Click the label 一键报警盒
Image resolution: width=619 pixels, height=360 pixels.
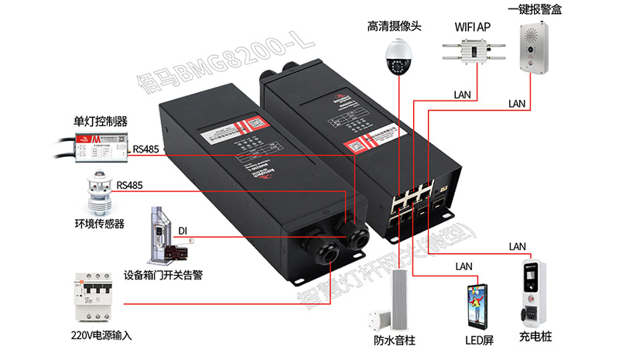[533, 9]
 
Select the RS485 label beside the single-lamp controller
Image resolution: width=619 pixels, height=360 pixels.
[147, 149]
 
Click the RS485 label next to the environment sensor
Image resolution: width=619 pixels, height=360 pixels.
[130, 186]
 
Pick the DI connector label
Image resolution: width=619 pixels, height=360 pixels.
[183, 231]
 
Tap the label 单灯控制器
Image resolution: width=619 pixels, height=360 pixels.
[100, 121]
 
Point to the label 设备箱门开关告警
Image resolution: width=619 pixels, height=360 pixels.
[163, 275]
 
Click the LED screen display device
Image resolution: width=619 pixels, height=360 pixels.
[477, 307]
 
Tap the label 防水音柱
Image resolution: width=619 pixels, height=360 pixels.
[394, 340]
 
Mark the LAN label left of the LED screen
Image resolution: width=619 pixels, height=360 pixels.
[463, 267]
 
